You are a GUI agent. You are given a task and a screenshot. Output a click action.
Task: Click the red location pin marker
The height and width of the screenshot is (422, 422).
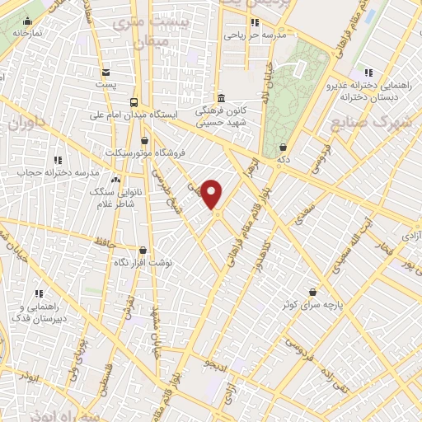coord(212,195)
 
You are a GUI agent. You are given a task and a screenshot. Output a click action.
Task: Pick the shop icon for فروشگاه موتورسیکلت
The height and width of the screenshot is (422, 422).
coord(145,141)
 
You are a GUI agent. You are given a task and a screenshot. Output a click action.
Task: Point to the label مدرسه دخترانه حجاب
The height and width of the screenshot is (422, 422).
coord(59,173)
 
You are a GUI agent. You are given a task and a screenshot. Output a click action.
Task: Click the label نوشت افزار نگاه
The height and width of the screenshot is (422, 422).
coord(143,261)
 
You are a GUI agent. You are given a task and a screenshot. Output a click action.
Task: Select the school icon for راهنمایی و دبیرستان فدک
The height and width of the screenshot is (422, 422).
coord(38,293)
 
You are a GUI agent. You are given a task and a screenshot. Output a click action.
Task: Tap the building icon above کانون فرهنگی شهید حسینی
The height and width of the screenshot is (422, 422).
coord(220,96)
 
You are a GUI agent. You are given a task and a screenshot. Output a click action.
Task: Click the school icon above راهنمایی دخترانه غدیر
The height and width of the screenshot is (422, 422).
coord(368,73)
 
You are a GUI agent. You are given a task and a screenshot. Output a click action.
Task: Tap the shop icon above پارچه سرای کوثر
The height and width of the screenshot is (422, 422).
coord(312,291)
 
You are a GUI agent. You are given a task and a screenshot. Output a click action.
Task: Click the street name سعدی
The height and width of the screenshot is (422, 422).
coord(302,219)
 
